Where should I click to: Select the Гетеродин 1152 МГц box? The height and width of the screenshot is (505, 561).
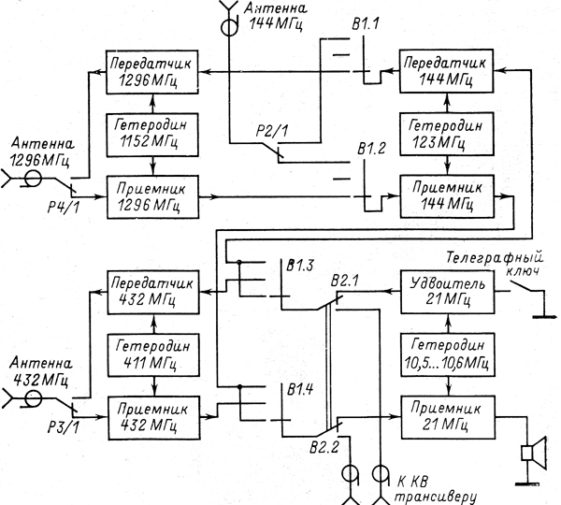154,132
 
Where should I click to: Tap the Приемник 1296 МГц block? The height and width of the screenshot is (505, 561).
154,195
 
